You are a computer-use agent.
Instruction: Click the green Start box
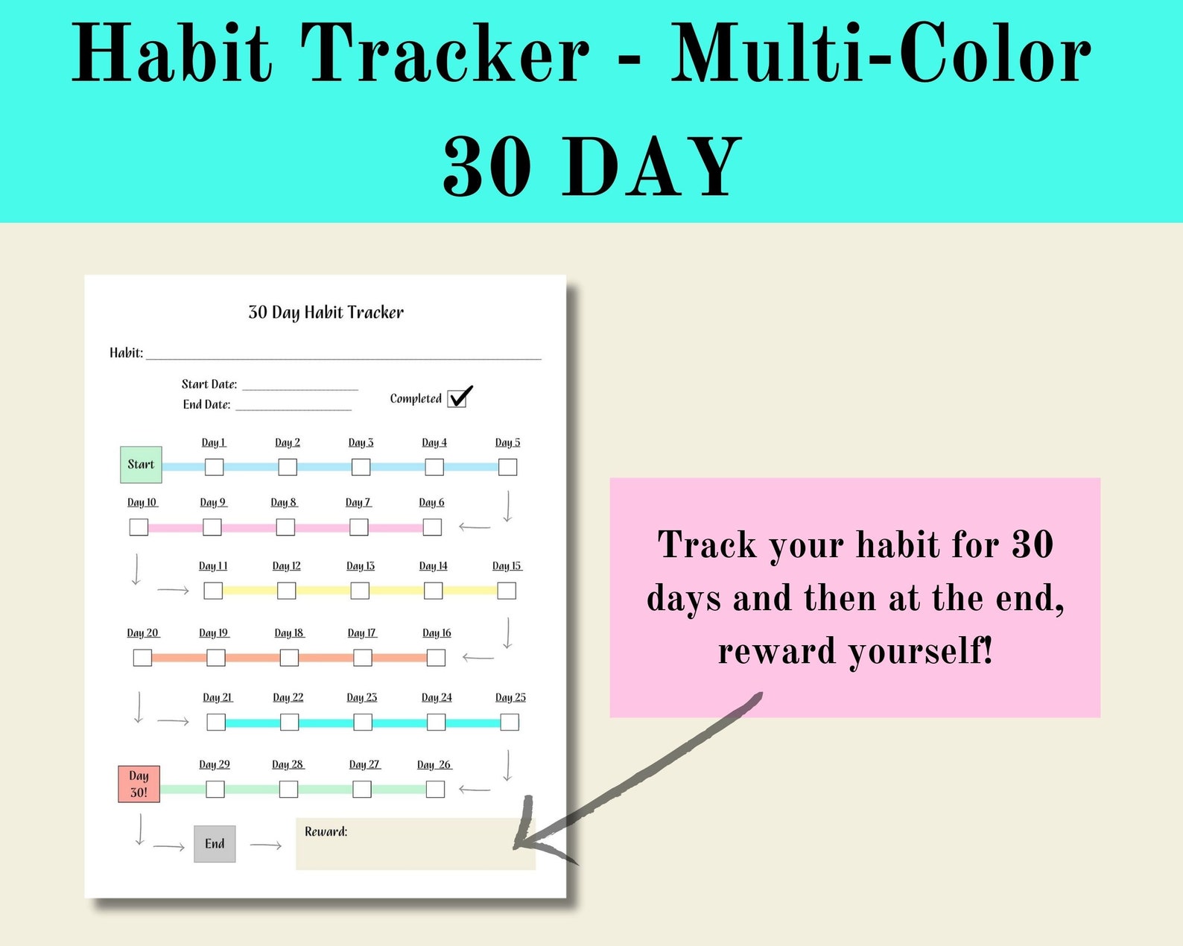coord(141,465)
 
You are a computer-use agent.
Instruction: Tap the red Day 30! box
coord(139,784)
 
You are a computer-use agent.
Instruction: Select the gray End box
coord(215,844)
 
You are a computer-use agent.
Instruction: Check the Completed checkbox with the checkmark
coord(457,399)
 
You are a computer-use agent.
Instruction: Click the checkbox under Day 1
coord(214,467)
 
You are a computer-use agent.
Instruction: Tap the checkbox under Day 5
coord(507,467)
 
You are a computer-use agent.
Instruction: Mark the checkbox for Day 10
coord(139,527)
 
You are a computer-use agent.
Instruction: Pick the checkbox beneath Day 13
coord(360,591)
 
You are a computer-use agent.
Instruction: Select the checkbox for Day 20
coord(142,658)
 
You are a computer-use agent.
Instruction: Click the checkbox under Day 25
coord(510,722)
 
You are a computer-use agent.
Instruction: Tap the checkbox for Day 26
coord(436,789)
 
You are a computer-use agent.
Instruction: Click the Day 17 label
coord(362,633)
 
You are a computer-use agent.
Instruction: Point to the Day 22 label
coord(288,698)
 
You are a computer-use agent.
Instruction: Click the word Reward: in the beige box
coord(326,831)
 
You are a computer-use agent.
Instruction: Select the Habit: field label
coord(126,353)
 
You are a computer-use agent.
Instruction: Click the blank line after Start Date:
coord(299,386)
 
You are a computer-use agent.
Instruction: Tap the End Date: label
coord(206,404)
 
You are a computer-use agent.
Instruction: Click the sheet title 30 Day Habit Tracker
coord(326,313)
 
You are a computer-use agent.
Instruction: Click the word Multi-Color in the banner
coord(881,54)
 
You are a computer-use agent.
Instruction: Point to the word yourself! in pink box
coord(921,651)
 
